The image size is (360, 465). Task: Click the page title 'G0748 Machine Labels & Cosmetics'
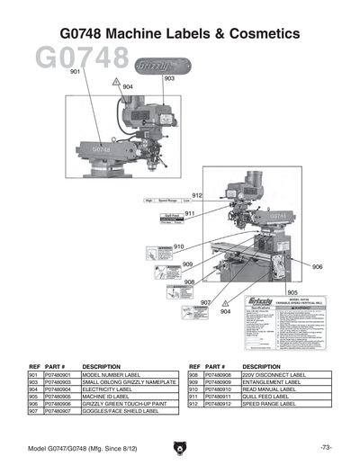click(x=179, y=33)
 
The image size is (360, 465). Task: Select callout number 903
click(x=169, y=79)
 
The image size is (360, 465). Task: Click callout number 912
click(x=197, y=195)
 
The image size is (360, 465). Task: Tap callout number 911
click(x=190, y=213)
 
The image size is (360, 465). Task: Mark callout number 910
click(x=178, y=246)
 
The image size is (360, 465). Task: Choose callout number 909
click(x=188, y=264)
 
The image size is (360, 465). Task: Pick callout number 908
click(x=190, y=282)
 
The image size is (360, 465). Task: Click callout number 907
click(x=205, y=302)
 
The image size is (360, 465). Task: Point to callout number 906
click(x=317, y=266)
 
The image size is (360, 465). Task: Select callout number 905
click(x=292, y=292)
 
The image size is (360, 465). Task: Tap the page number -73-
click(x=326, y=447)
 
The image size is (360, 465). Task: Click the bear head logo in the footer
click(x=180, y=448)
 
